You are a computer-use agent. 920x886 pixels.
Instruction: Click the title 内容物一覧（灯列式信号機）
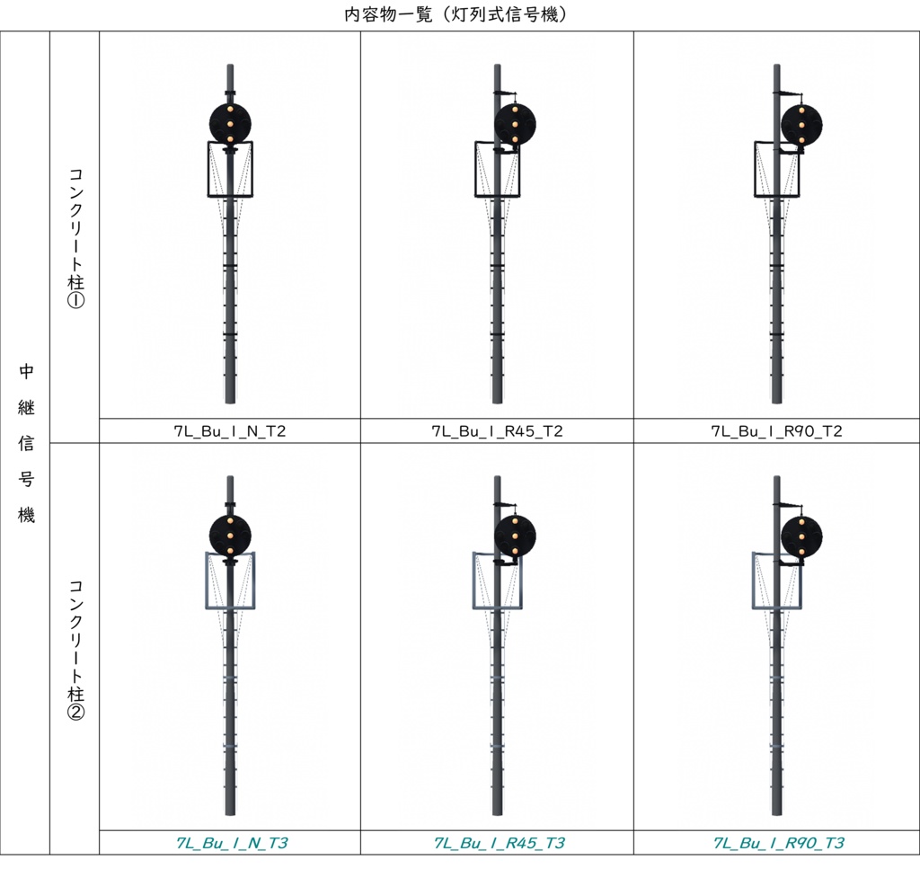(x=456, y=14)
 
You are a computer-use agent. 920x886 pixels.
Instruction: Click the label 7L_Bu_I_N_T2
(x=230, y=432)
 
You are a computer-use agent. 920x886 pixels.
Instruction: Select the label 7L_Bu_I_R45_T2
(x=497, y=432)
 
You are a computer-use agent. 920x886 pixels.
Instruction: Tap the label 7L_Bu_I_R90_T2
(x=776, y=432)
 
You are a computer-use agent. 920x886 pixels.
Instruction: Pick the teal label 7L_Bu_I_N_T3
(x=232, y=843)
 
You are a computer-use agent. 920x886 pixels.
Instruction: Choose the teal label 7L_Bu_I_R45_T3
(x=499, y=843)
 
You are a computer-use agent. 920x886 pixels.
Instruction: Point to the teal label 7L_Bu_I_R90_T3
(x=778, y=843)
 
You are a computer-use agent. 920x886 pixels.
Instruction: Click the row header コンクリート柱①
(x=75, y=238)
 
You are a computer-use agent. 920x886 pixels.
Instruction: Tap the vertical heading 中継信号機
(x=26, y=443)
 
